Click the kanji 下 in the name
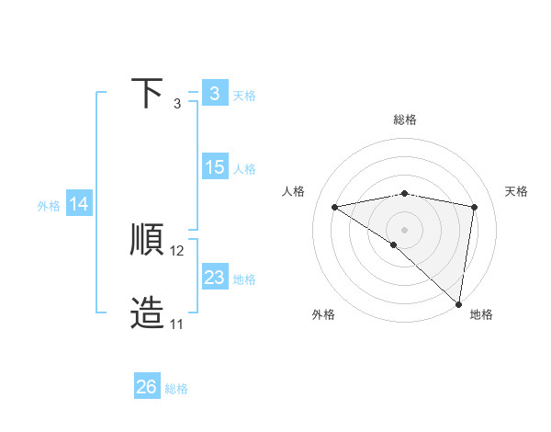[147, 94]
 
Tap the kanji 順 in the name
[147, 240]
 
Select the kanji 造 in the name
[147, 313]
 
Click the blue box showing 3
[214, 94]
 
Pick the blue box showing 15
[214, 167]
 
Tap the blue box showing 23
[214, 277]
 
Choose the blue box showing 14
[79, 205]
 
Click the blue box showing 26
[147, 387]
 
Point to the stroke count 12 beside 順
[177, 250]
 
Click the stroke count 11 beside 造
[177, 324]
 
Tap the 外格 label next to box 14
[49, 206]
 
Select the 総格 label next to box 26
[176, 389]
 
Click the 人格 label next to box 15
[244, 169]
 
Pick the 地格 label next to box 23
[244, 279]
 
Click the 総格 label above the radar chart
[404, 119]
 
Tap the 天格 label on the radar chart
[516, 191]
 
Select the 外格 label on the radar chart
[323, 314]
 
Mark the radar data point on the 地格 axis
[458, 302]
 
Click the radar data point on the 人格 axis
[335, 207]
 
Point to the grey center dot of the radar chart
[404, 229]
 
